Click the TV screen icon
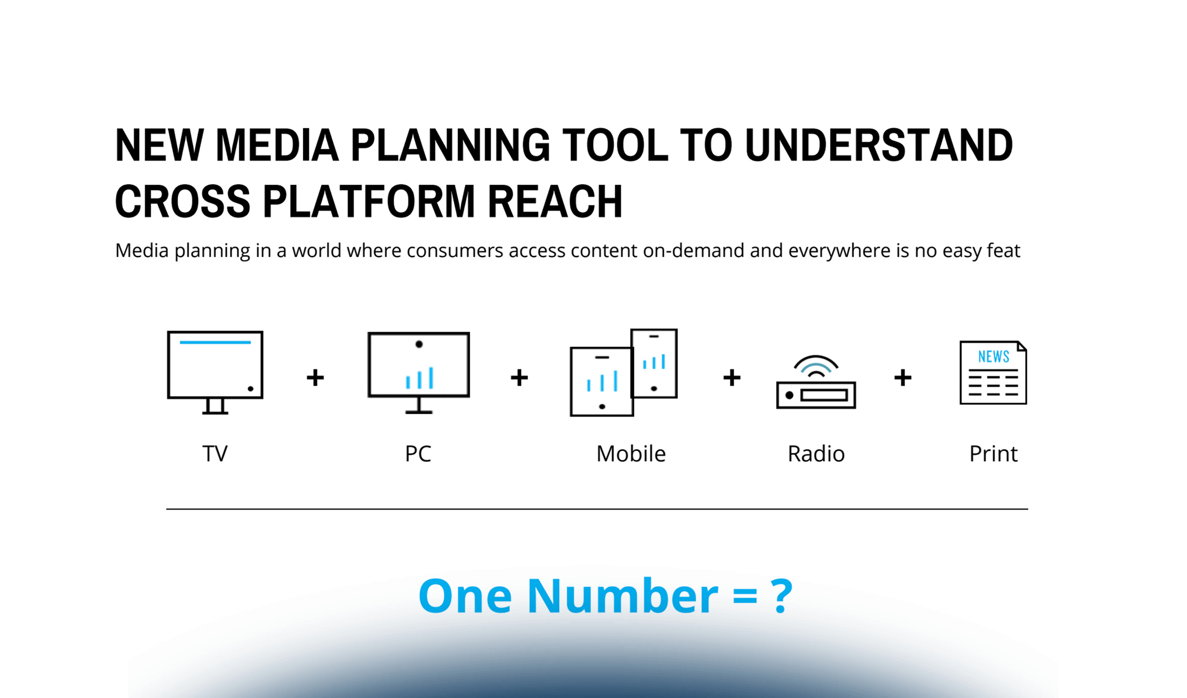pyautogui.click(x=215, y=372)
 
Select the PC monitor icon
pyautogui.click(x=419, y=372)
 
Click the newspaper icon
pyautogui.click(x=993, y=373)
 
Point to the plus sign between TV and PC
pyautogui.click(x=315, y=378)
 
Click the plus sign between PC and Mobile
pyautogui.click(x=519, y=378)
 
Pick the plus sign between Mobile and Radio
pyautogui.click(x=731, y=378)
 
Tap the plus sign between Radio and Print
pyautogui.click(x=902, y=378)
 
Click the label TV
pyautogui.click(x=215, y=454)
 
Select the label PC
pyautogui.click(x=418, y=454)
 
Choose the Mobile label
pyautogui.click(x=631, y=454)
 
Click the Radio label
pyautogui.click(x=816, y=454)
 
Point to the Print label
pyautogui.click(x=993, y=454)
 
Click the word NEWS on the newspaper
pyautogui.click(x=993, y=357)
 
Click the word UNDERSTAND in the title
pyautogui.click(x=879, y=145)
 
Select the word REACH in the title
pyautogui.click(x=555, y=201)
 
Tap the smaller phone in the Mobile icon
pyautogui.click(x=654, y=364)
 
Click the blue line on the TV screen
pyautogui.click(x=215, y=342)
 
